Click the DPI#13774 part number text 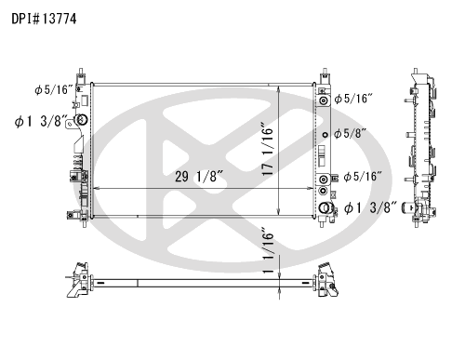tap(44, 19)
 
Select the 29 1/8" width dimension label tap(199, 177)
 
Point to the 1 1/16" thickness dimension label tap(268, 250)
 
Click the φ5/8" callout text tap(350, 134)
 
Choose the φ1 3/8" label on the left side tap(41, 121)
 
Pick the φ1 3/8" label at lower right tap(370, 207)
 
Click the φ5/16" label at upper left tap(53, 89)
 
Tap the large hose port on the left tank tap(82, 120)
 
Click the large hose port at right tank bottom tap(325, 207)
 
